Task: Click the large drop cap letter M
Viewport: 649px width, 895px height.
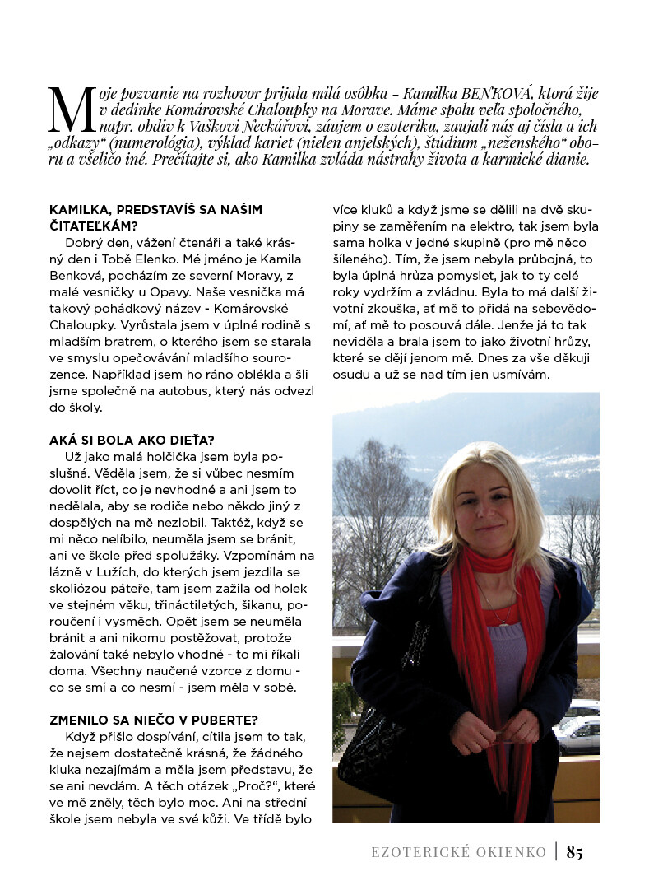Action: pyautogui.click(x=71, y=110)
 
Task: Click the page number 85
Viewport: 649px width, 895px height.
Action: pyautogui.click(x=575, y=853)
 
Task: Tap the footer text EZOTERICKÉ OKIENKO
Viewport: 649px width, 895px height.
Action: pyautogui.click(x=458, y=853)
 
